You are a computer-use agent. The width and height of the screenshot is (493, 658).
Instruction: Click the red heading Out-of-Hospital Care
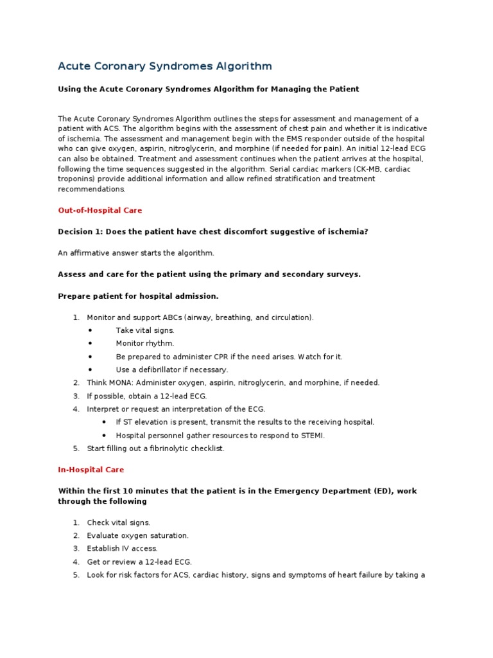100,210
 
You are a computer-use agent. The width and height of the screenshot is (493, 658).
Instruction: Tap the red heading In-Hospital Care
91,470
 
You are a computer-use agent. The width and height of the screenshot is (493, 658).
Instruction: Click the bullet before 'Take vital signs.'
91,330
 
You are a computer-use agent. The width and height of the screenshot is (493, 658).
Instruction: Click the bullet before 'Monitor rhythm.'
91,343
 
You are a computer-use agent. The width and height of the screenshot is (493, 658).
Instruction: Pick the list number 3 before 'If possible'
75,396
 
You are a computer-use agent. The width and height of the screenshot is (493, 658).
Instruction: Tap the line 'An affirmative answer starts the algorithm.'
136,253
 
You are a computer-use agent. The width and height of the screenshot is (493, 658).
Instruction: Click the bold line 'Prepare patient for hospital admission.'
139,296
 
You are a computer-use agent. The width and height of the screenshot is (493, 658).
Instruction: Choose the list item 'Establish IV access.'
122,549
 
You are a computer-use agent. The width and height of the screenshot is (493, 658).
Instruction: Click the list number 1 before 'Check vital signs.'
75,522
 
